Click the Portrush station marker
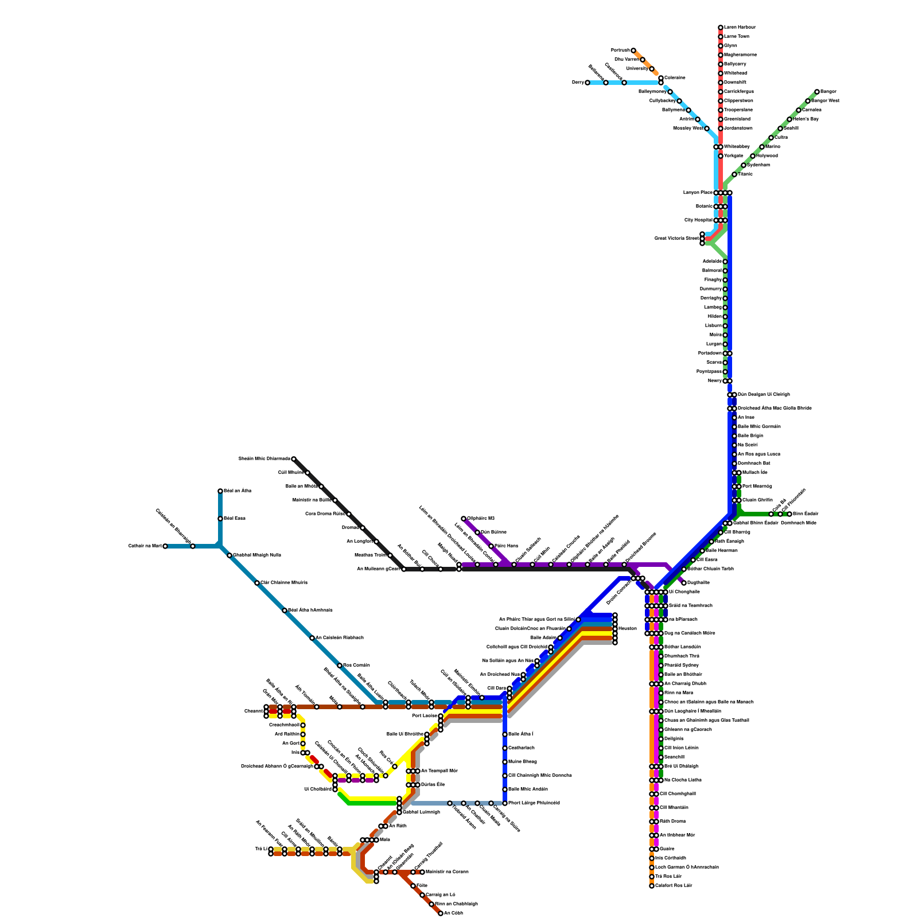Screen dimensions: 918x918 (633, 50)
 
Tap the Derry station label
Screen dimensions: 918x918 (577, 83)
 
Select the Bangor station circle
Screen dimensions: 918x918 (817, 92)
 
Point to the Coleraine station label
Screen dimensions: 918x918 (675, 77)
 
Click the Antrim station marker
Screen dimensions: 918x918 (698, 119)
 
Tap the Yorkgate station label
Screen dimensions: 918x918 (734, 156)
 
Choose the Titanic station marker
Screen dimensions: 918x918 (734, 174)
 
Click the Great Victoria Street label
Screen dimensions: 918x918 (676, 238)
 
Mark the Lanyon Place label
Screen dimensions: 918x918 (698, 193)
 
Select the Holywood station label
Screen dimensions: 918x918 (767, 156)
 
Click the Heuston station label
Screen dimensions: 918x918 (628, 629)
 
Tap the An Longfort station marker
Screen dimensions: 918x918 (376, 542)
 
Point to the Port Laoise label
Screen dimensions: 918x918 (425, 716)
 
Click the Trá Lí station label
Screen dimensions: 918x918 (261, 849)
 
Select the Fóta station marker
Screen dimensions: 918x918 (413, 886)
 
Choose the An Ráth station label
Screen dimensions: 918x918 (398, 826)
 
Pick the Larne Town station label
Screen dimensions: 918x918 (736, 37)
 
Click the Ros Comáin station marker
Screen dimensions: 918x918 (340, 666)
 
